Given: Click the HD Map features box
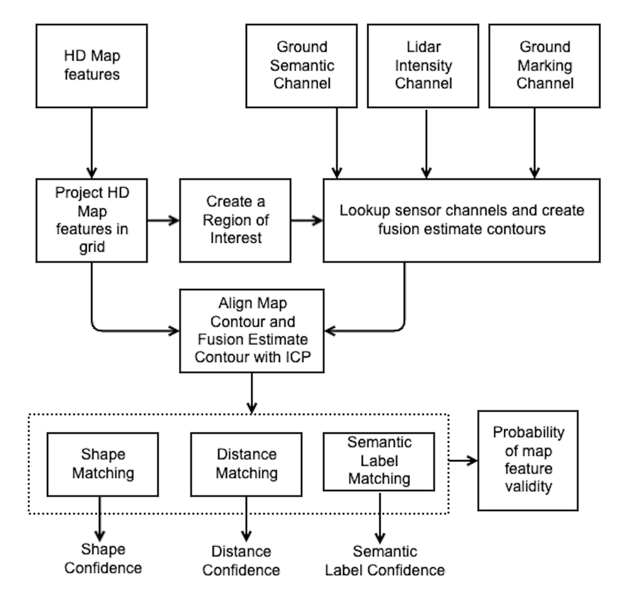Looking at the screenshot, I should pyautogui.click(x=91, y=66).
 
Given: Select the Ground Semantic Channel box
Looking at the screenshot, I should pyautogui.click(x=301, y=66).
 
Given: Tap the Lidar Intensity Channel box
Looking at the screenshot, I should pyautogui.click(x=423, y=66).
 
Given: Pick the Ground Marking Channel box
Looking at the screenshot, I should pyautogui.click(x=544, y=66).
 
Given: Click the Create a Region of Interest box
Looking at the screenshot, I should pyautogui.click(x=235, y=220).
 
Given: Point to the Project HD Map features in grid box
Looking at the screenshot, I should pyautogui.click(x=91, y=220).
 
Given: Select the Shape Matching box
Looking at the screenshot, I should pyautogui.click(x=103, y=464).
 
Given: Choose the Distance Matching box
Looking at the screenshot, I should pyautogui.click(x=246, y=464).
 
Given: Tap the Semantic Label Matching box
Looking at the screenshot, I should pyautogui.click(x=379, y=461).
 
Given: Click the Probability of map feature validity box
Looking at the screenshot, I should pyautogui.click(x=528, y=460).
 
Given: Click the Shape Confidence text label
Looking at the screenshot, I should pyautogui.click(x=103, y=558).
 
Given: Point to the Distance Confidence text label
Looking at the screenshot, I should pyautogui.click(x=241, y=561).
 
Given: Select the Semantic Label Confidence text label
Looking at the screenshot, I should pyautogui.click(x=384, y=561).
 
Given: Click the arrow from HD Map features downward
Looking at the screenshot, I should pyautogui.click(x=91, y=143).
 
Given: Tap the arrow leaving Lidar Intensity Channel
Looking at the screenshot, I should pyautogui.click(x=426, y=143).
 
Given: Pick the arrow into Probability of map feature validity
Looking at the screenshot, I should pyautogui.click(x=463, y=460).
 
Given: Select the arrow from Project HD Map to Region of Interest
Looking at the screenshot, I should pyautogui.click(x=163, y=220).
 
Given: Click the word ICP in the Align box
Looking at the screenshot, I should pyautogui.click(x=298, y=357).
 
